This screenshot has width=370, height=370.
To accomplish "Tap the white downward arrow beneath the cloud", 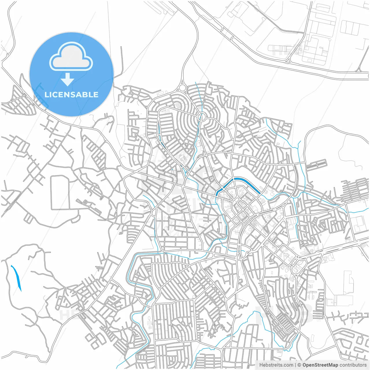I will [68, 79].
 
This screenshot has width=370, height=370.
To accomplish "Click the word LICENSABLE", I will [71, 95].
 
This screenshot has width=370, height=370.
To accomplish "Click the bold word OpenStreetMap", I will [320, 365].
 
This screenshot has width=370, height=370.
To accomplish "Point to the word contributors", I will [353, 365].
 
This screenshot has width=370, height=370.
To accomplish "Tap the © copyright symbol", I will [299, 365].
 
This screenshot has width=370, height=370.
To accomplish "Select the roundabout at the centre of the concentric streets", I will [201, 117].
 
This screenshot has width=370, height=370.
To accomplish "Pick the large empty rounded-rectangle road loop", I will [60, 193].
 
